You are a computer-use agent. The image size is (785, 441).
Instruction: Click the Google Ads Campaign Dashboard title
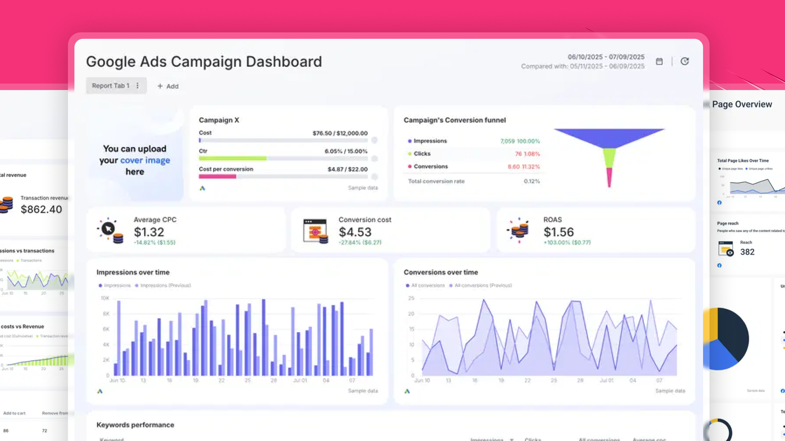(x=204, y=62)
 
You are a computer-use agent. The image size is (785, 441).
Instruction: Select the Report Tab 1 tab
(x=111, y=86)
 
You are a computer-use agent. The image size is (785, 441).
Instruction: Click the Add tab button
(x=168, y=86)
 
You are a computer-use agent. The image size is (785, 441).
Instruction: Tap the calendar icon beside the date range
(x=659, y=62)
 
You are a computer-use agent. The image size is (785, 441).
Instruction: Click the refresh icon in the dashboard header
(x=685, y=62)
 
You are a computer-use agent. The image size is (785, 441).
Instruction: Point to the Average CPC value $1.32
(x=149, y=232)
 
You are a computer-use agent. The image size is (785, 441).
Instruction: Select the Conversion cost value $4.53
(x=355, y=232)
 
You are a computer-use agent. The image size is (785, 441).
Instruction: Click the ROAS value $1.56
(x=558, y=232)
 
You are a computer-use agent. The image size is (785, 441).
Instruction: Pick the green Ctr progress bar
(x=233, y=159)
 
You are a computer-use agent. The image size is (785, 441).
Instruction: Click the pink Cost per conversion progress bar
(x=218, y=176)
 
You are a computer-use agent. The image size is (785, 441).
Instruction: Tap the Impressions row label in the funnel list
(x=430, y=141)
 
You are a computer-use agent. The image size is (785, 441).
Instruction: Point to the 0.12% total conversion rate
(x=532, y=181)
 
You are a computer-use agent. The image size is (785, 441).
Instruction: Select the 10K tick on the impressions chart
(x=105, y=298)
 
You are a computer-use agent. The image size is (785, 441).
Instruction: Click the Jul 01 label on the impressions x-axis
(x=300, y=380)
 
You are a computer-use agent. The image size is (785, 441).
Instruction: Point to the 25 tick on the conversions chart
(x=411, y=298)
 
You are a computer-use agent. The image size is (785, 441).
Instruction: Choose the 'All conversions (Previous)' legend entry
(x=483, y=286)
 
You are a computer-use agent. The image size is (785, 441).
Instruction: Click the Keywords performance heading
(x=135, y=425)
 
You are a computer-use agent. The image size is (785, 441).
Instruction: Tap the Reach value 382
(x=747, y=252)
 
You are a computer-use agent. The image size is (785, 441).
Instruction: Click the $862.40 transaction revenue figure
(x=41, y=209)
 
